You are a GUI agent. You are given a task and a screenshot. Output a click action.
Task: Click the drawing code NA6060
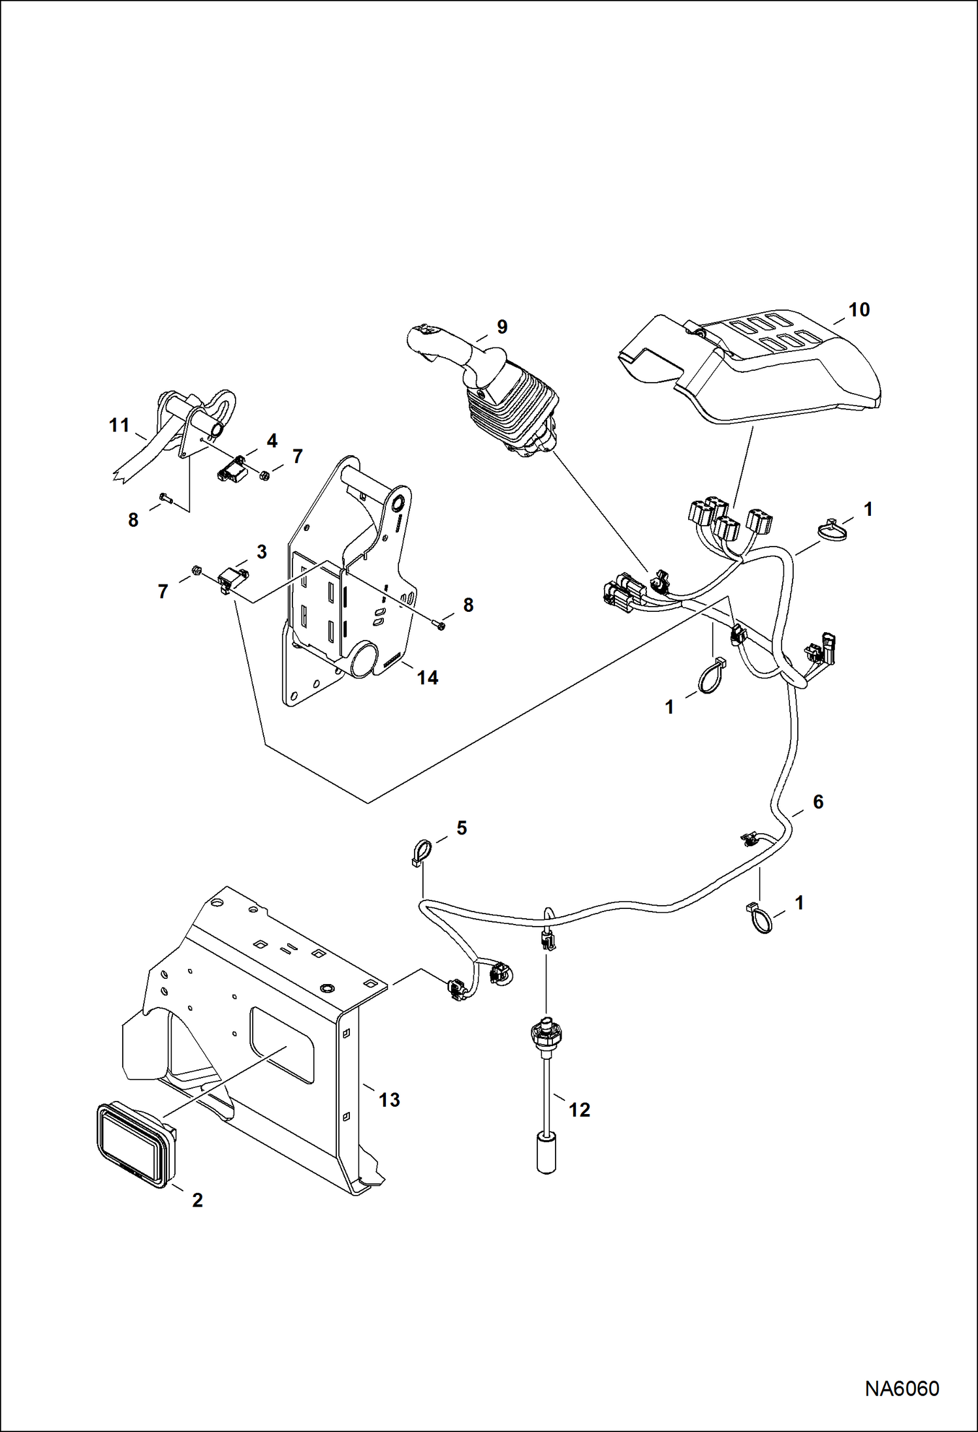[x=902, y=1389]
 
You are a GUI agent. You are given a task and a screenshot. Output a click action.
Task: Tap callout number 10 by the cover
[x=859, y=310]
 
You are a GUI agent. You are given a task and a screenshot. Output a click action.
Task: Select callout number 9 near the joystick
[x=501, y=327]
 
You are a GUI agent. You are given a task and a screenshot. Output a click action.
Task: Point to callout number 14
[x=428, y=678]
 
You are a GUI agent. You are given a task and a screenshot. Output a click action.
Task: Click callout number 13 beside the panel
[x=389, y=1100]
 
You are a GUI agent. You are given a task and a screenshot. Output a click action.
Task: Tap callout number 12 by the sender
[x=579, y=1109]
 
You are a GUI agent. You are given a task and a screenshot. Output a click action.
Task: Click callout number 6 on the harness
[x=817, y=802]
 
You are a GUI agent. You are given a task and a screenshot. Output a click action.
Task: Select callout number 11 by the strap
[x=119, y=426]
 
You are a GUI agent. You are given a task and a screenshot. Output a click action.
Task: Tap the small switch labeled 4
[x=230, y=469]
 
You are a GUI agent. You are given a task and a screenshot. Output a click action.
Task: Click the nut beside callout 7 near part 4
[x=265, y=475]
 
